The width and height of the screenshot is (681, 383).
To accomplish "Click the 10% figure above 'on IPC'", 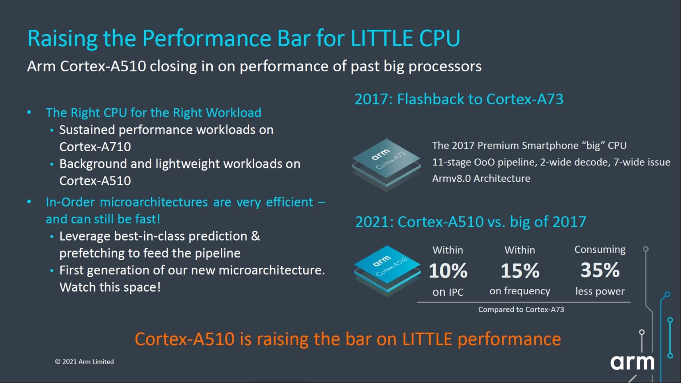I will tap(448, 271).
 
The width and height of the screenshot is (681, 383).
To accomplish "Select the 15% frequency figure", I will tap(520, 271).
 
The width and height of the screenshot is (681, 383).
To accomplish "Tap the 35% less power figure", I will tap(600, 270).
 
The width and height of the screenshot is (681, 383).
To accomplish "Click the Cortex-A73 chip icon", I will tap(386, 164).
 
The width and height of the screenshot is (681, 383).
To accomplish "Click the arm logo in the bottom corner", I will tap(632, 362).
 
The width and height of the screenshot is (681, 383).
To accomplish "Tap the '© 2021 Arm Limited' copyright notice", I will tap(84, 362).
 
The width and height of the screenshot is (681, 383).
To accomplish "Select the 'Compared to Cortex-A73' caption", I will tap(521, 309).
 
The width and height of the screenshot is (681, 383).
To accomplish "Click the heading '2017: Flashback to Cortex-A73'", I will tap(459, 99).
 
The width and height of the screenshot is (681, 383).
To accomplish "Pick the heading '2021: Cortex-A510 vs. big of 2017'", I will tap(470, 222).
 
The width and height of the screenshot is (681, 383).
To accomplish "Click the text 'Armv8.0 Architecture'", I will tap(481, 179).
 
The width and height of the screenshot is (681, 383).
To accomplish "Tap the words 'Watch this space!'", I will tap(110, 287).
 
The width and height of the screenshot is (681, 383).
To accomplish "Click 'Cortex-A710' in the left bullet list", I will tap(95, 147).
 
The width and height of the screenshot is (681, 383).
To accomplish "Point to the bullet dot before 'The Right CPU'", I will tap(29, 113).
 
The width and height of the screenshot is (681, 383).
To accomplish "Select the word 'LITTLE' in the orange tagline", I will tap(427, 339).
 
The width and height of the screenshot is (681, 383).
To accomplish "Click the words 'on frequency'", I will tap(520, 291).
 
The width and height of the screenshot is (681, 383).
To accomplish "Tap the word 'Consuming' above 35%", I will tap(600, 250).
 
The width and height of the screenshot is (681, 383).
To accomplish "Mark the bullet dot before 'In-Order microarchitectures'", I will tap(29, 202).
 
